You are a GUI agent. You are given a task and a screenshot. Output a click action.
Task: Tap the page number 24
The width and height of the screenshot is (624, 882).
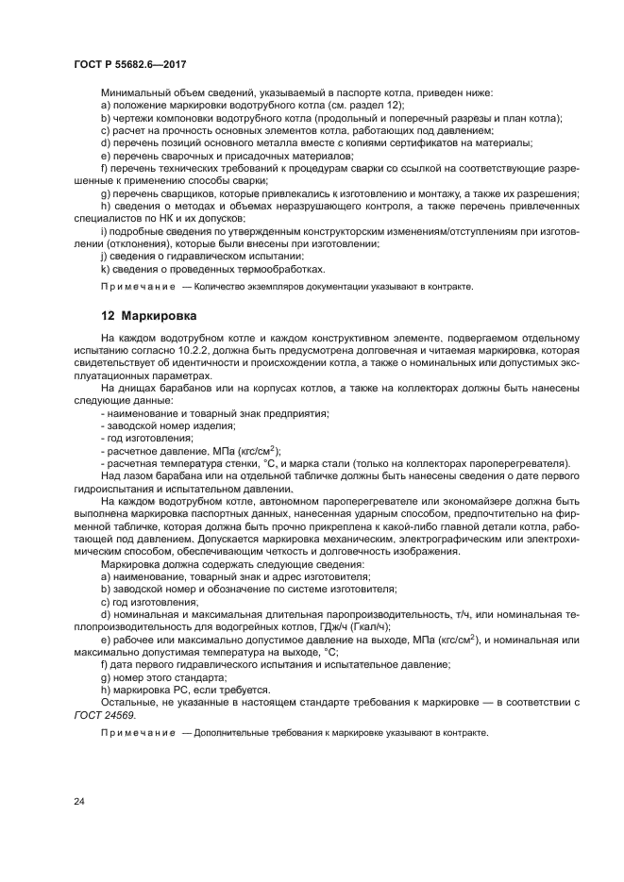click(x=79, y=803)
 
